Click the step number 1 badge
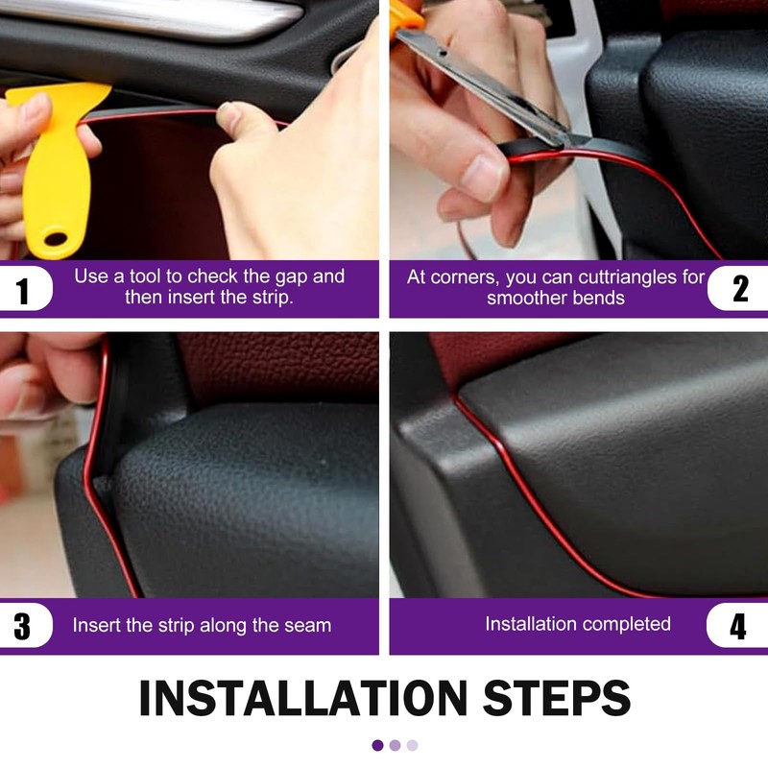(x=25, y=289)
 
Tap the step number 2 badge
(x=738, y=289)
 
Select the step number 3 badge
(x=25, y=626)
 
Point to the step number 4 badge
(x=737, y=626)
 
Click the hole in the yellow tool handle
(x=55, y=239)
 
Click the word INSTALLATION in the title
(x=303, y=698)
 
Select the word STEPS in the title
(x=557, y=698)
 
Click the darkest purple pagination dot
(x=377, y=746)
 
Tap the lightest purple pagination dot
(x=413, y=746)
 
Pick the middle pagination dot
(x=395, y=746)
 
